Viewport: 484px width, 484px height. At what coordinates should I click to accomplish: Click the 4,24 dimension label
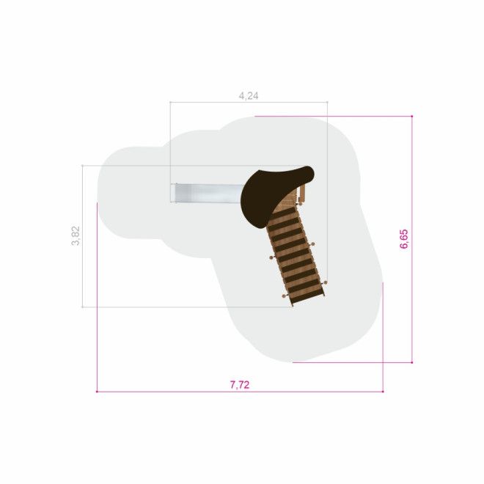click(249, 96)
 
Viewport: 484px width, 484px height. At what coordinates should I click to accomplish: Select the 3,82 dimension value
click(76, 236)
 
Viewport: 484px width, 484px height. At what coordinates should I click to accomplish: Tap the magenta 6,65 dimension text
click(404, 239)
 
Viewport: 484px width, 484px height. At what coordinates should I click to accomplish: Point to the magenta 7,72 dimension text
click(240, 385)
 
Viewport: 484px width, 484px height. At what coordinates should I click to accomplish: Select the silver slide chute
click(208, 193)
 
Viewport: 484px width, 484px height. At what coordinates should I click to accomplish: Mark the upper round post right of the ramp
click(312, 244)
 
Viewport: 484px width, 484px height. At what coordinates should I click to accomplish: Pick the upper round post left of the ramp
click(271, 257)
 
